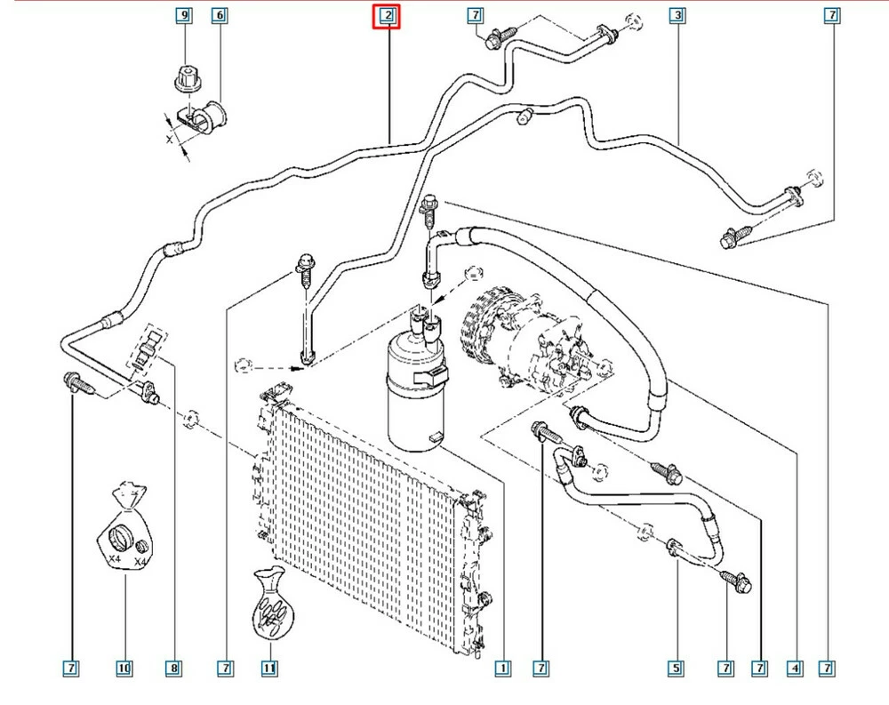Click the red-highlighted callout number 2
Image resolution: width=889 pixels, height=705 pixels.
click(x=387, y=16)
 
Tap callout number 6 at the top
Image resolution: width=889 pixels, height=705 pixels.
click(x=219, y=16)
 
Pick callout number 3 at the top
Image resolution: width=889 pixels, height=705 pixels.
click(x=678, y=16)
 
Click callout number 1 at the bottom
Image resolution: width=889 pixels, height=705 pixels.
click(x=502, y=667)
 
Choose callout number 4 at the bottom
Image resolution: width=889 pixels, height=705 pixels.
click(x=795, y=667)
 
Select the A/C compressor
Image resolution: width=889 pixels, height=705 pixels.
click(x=520, y=333)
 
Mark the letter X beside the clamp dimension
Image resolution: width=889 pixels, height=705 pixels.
click(x=168, y=140)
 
